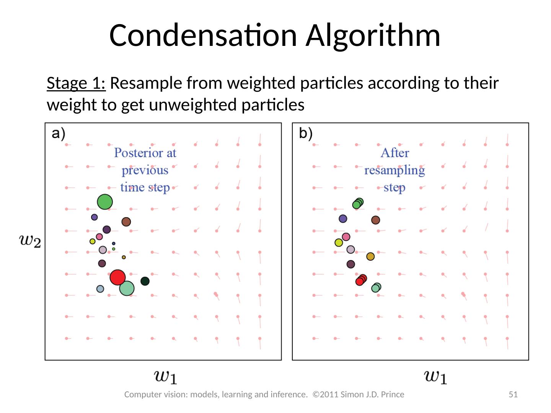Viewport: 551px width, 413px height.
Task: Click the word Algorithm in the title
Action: click(x=373, y=35)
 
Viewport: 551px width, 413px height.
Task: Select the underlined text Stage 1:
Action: click(x=76, y=83)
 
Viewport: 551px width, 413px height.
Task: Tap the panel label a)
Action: click(x=59, y=133)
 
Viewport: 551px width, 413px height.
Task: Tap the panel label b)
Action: click(x=306, y=133)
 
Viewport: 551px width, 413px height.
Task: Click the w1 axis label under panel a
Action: click(x=165, y=376)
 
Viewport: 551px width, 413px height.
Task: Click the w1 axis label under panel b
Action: click(x=435, y=376)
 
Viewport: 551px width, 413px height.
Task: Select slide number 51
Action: click(x=513, y=394)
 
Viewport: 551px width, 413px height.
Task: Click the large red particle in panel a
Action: click(x=117, y=277)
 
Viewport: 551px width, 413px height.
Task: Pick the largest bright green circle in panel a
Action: click(x=105, y=202)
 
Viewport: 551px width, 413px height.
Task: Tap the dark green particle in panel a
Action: click(x=145, y=281)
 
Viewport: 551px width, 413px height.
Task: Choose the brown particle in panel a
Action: click(x=126, y=222)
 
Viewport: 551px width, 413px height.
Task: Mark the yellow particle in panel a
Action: click(x=92, y=241)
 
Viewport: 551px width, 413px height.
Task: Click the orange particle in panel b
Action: click(x=370, y=256)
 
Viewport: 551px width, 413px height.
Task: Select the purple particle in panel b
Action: click(x=343, y=218)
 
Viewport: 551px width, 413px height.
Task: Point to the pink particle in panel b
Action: click(x=346, y=237)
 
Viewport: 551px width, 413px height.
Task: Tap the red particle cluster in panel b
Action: click(x=361, y=280)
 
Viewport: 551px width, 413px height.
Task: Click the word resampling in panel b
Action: click(x=395, y=171)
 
